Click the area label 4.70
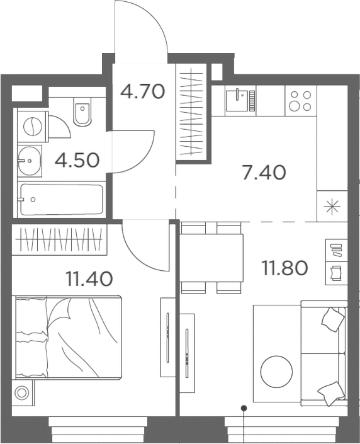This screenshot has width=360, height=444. [x=142, y=92]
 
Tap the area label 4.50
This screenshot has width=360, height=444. [x=77, y=159]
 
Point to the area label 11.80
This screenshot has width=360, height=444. [x=284, y=268]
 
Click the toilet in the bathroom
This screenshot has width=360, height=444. [x=82, y=112]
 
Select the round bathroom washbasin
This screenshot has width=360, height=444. [x=29, y=161]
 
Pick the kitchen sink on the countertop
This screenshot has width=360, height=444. [x=240, y=100]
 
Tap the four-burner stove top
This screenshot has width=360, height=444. [x=300, y=100]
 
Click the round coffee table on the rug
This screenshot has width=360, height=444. [x=277, y=372]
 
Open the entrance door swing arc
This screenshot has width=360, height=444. [x=140, y=28]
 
